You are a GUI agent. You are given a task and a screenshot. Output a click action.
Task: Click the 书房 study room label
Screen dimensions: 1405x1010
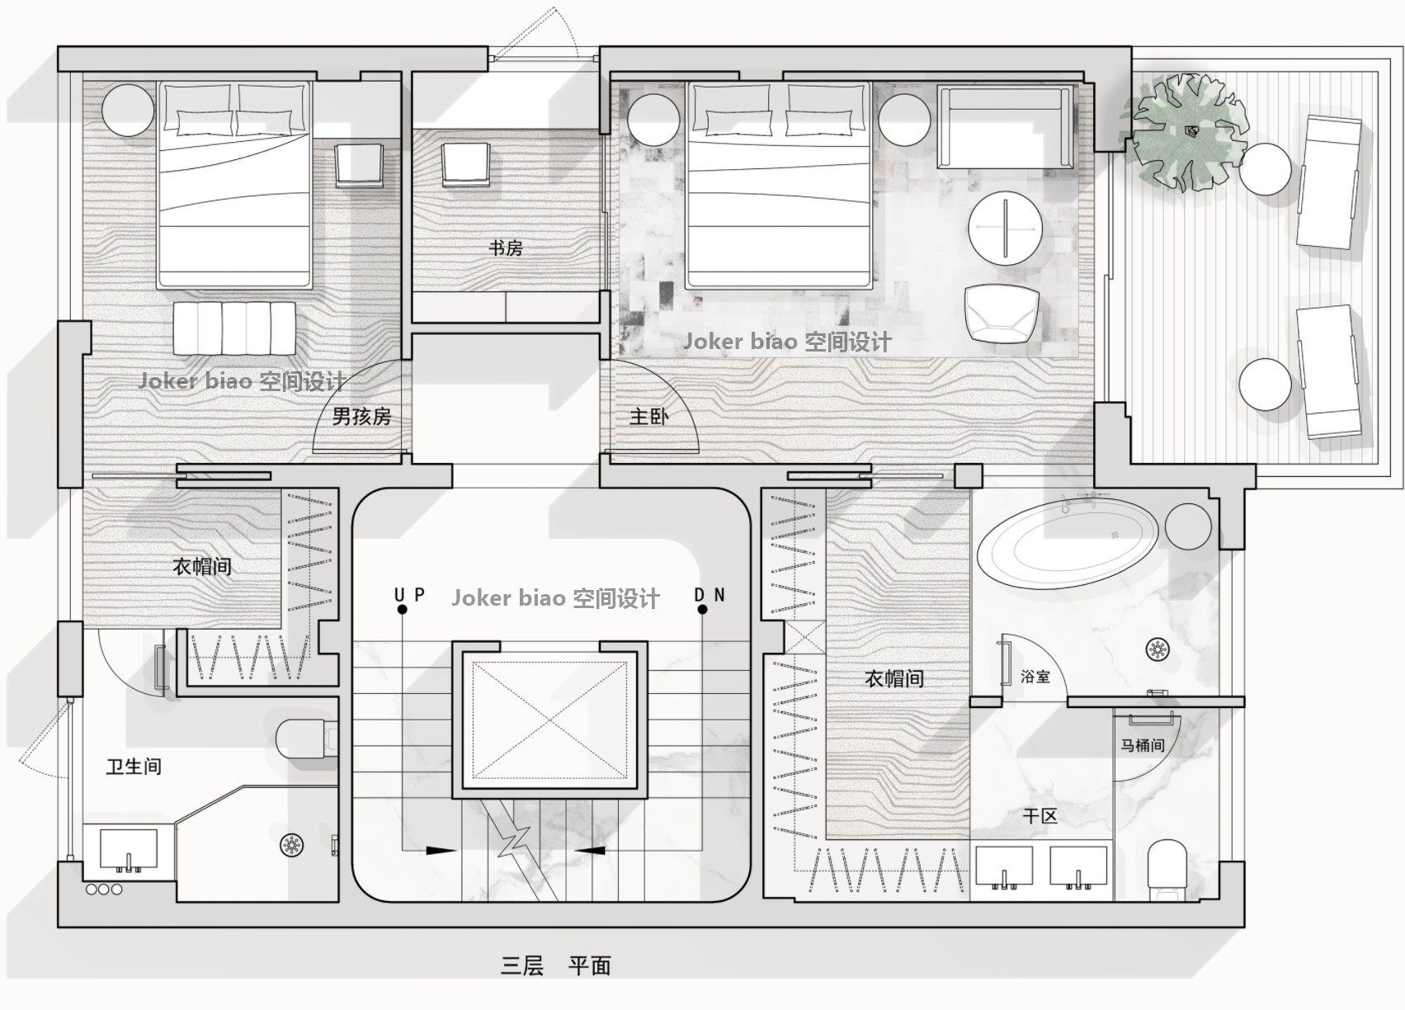pos(506,248)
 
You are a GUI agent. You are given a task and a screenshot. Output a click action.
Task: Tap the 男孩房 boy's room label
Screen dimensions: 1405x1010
pos(361,416)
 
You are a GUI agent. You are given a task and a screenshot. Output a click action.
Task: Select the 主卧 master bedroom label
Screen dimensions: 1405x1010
pos(649,417)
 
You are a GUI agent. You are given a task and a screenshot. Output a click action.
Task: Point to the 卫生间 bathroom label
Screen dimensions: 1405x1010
pos(134,766)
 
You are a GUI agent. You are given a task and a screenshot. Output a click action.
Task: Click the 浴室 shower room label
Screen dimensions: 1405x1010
pos(1035,677)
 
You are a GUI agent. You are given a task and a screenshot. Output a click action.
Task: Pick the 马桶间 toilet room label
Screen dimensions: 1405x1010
pos(1142,745)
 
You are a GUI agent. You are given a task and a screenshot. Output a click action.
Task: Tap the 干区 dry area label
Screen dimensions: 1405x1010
pos(1040,815)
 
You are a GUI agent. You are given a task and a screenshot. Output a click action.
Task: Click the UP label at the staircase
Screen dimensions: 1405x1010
pos(409,594)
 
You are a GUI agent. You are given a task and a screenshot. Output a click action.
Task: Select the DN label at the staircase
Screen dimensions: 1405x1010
pos(710,594)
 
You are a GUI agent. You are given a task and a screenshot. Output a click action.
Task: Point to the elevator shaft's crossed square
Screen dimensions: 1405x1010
pos(549,720)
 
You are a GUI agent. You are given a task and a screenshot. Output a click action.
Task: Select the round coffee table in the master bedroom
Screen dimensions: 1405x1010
pos(1006,229)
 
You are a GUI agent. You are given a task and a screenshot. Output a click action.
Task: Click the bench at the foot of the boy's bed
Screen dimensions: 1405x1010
pos(234,328)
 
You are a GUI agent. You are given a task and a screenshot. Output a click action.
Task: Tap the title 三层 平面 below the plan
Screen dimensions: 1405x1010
pos(555,965)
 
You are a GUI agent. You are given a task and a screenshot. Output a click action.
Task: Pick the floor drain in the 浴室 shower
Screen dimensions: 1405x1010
pos(1157,649)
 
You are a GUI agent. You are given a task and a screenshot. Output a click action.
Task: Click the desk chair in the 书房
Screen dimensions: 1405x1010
pos(465,165)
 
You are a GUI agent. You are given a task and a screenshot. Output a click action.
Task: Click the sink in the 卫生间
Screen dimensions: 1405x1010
pos(129,850)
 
